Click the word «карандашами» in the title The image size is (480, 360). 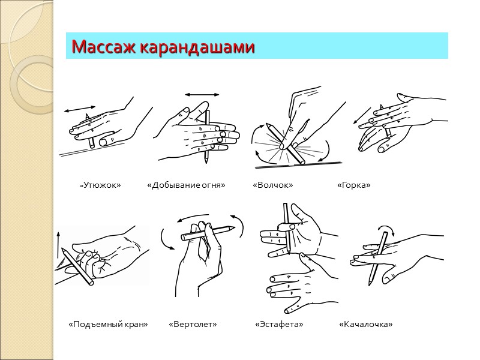point(197,47)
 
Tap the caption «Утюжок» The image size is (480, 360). point(100,185)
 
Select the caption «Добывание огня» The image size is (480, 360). point(186,185)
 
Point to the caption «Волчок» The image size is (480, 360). point(273,185)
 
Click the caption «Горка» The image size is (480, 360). point(354,185)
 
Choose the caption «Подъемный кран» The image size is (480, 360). point(108,324)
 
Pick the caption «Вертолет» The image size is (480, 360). point(193,324)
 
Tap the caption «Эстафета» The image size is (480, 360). point(279,324)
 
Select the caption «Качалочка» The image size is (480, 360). point(366,324)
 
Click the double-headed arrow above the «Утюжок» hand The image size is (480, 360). point(80,109)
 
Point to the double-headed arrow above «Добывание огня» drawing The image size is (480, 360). point(202,95)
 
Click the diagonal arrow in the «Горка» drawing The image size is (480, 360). point(362,115)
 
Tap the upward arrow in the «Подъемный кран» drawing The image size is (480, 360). point(58,245)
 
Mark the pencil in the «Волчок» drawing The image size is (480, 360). point(285,143)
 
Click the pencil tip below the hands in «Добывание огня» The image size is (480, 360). point(206,160)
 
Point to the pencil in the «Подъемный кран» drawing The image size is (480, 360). point(77,267)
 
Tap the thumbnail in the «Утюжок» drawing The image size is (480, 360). point(104,142)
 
